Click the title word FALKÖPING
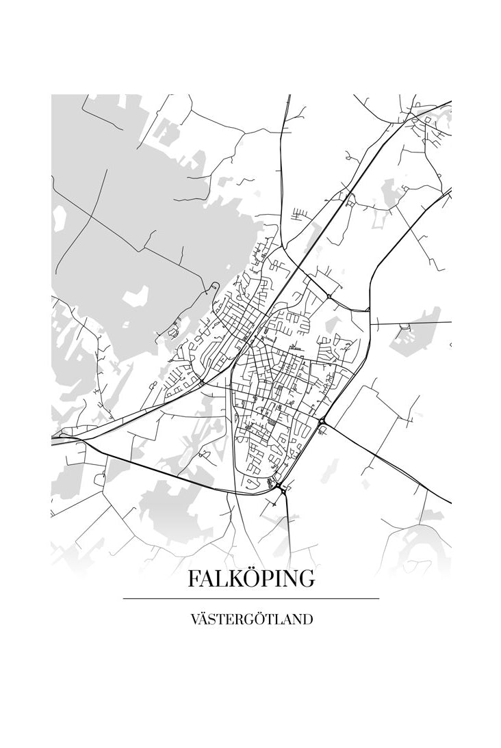click(251, 578)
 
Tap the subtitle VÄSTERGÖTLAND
click(251, 619)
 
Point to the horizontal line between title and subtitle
click(251, 598)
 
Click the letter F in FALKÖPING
click(194, 578)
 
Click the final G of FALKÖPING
click(307, 578)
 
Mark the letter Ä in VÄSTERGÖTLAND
click(204, 619)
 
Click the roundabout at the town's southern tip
click(281, 487)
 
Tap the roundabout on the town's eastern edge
click(322, 421)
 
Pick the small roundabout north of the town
click(329, 296)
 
